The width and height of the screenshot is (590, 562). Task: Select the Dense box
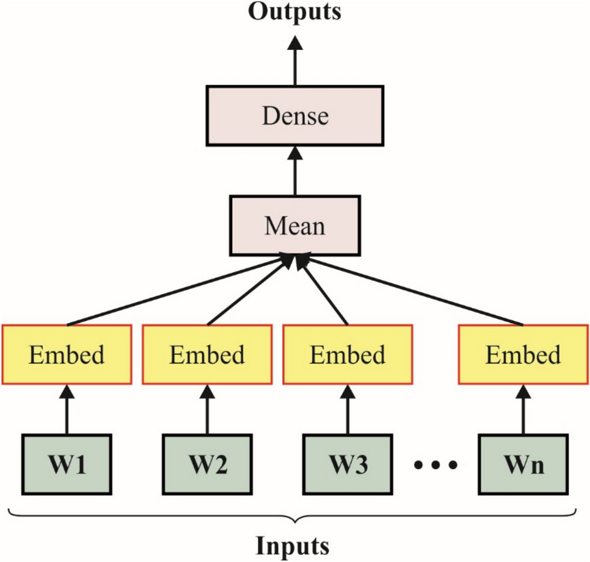pyautogui.click(x=295, y=116)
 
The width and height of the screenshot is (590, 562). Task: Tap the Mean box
pyautogui.click(x=295, y=225)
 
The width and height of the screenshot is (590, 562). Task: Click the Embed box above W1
pyautogui.click(x=67, y=355)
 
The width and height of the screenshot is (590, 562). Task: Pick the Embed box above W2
pyautogui.click(x=207, y=355)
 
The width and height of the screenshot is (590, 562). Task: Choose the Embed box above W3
pyautogui.click(x=347, y=355)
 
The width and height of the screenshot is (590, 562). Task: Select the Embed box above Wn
pyautogui.click(x=523, y=355)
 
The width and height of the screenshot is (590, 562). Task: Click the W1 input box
pyautogui.click(x=67, y=464)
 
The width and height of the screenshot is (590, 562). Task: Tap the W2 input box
pyautogui.click(x=207, y=464)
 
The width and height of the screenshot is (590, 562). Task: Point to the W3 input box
pyautogui.click(x=347, y=464)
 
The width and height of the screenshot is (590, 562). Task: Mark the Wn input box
pyautogui.click(x=523, y=464)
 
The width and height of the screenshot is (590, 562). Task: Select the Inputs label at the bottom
pyautogui.click(x=293, y=546)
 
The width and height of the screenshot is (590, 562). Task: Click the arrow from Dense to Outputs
pyautogui.click(x=295, y=59)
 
